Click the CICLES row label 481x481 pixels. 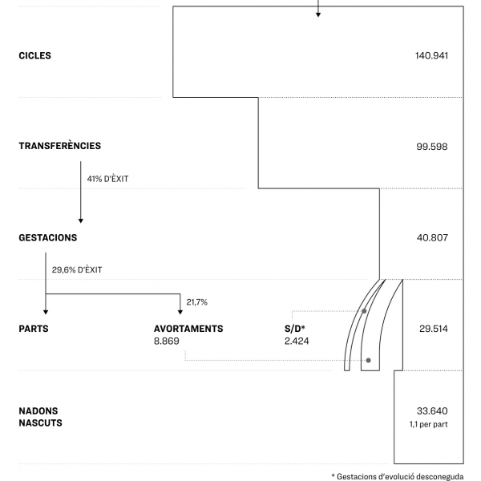(34, 56)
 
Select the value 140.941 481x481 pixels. (431, 56)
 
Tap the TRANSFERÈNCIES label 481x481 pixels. (60, 146)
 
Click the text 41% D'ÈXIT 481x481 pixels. (107, 179)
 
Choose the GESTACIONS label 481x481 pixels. (48, 238)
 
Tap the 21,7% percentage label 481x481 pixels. (196, 302)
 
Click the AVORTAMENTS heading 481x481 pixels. (188, 329)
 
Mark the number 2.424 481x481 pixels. (296, 341)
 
